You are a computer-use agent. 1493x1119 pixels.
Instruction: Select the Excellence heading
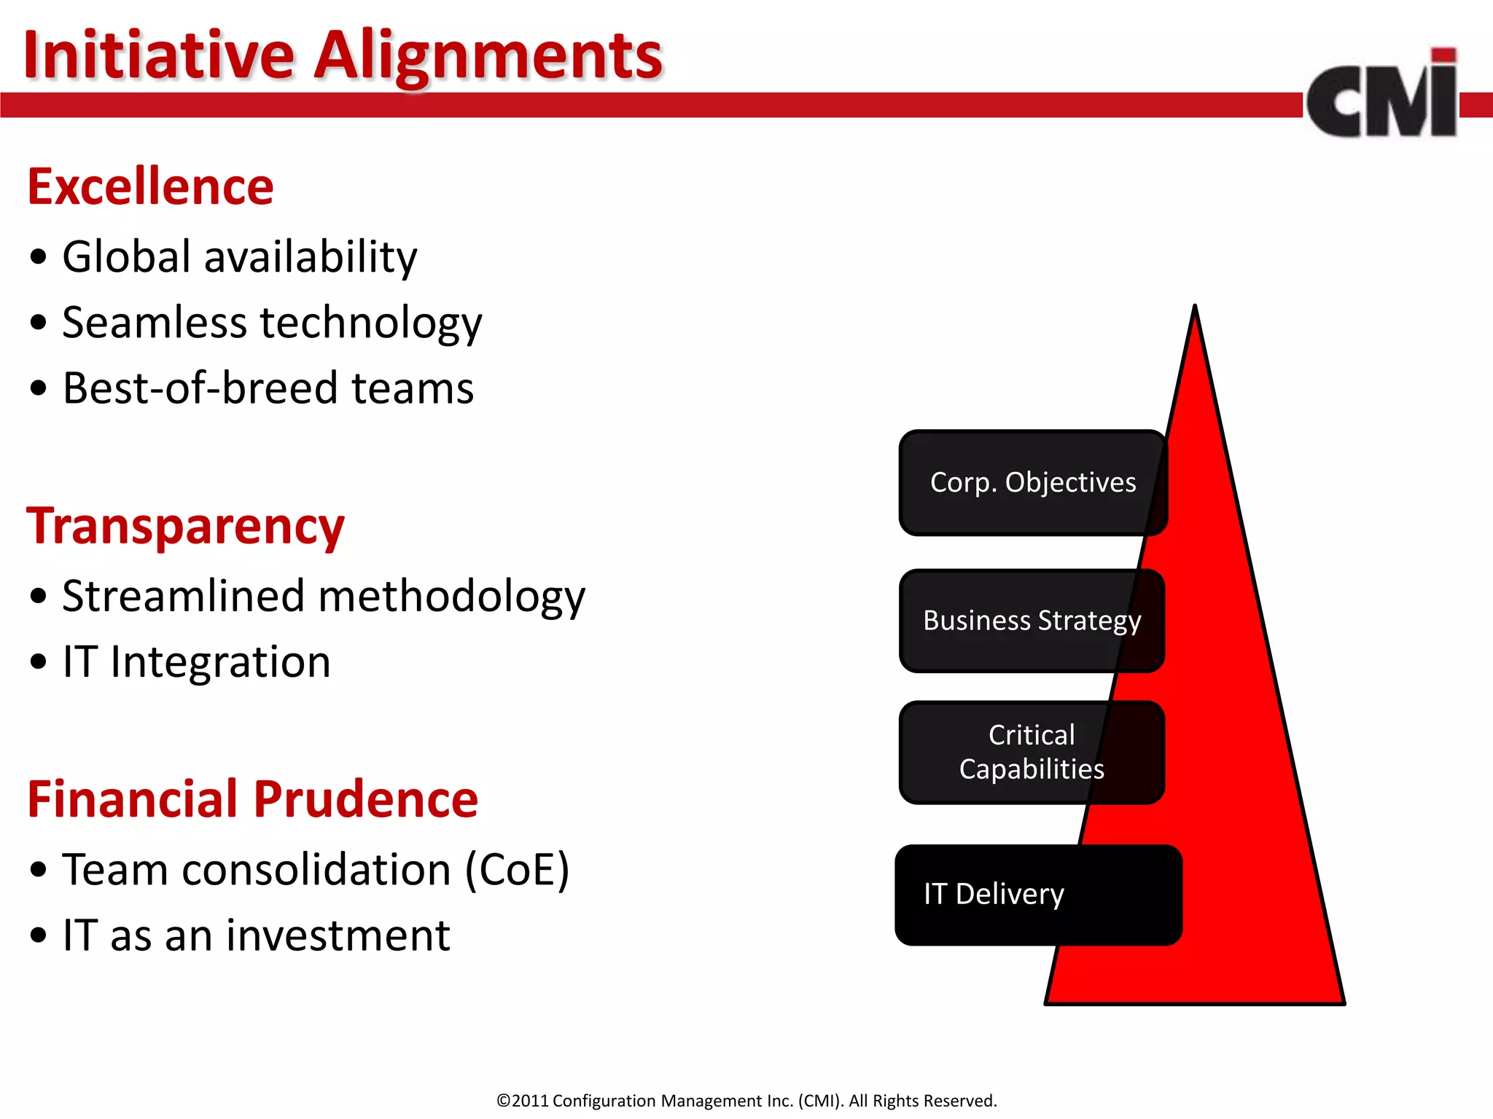[150, 186]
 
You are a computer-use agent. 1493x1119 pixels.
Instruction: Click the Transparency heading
[185, 526]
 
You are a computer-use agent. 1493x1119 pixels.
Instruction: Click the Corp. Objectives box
[1032, 482]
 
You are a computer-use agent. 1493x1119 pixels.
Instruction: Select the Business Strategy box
[1031, 621]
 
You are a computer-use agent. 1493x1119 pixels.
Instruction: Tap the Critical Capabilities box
[1031, 752]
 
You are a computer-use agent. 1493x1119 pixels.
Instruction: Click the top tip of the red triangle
[1195, 309]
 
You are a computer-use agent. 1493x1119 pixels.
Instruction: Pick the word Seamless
[155, 322]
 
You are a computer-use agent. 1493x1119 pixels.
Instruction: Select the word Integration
[220, 661]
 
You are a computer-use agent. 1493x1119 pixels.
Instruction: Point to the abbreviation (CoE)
[518, 869]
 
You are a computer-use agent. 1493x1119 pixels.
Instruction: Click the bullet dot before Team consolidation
[39, 869]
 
